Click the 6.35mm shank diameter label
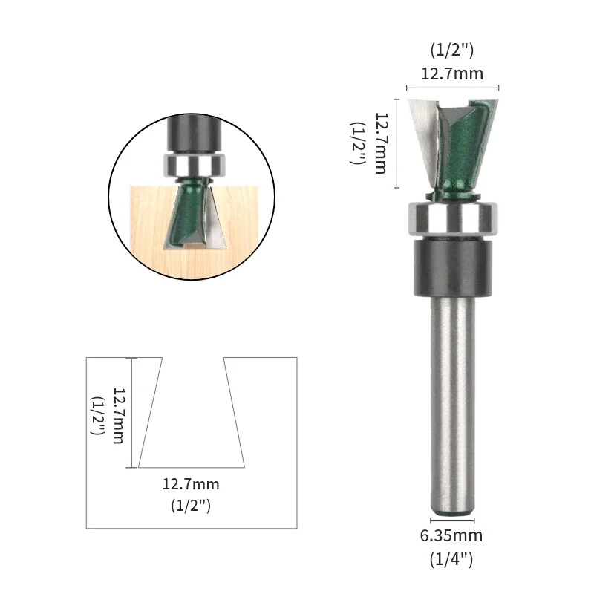click(x=452, y=535)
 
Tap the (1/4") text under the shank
click(x=452, y=558)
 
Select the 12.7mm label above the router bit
click(x=452, y=74)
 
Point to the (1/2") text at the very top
click(x=452, y=50)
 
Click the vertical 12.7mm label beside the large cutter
click(x=381, y=143)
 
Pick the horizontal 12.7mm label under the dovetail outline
click(x=191, y=485)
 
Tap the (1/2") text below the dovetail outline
click(x=191, y=507)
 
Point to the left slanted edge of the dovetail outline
click(x=151, y=412)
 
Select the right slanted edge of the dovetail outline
click(x=235, y=412)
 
